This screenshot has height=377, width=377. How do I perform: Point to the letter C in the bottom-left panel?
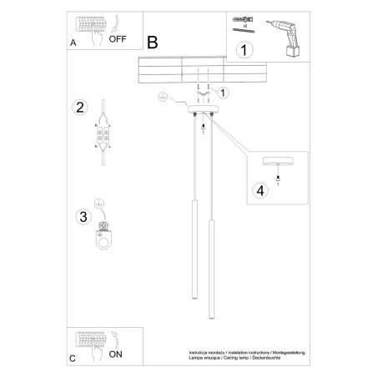click(x=73, y=359)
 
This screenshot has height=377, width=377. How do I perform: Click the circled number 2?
click(x=80, y=107)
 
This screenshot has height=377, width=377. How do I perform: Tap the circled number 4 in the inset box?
click(x=260, y=190)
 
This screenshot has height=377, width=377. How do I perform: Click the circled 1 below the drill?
click(x=244, y=51)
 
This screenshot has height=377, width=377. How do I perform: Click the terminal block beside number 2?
click(x=103, y=133)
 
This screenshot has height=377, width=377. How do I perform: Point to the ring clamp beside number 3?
click(x=103, y=237)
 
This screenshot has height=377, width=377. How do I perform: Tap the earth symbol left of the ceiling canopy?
click(x=161, y=98)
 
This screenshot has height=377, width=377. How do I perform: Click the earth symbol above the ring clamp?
click(x=99, y=204)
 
